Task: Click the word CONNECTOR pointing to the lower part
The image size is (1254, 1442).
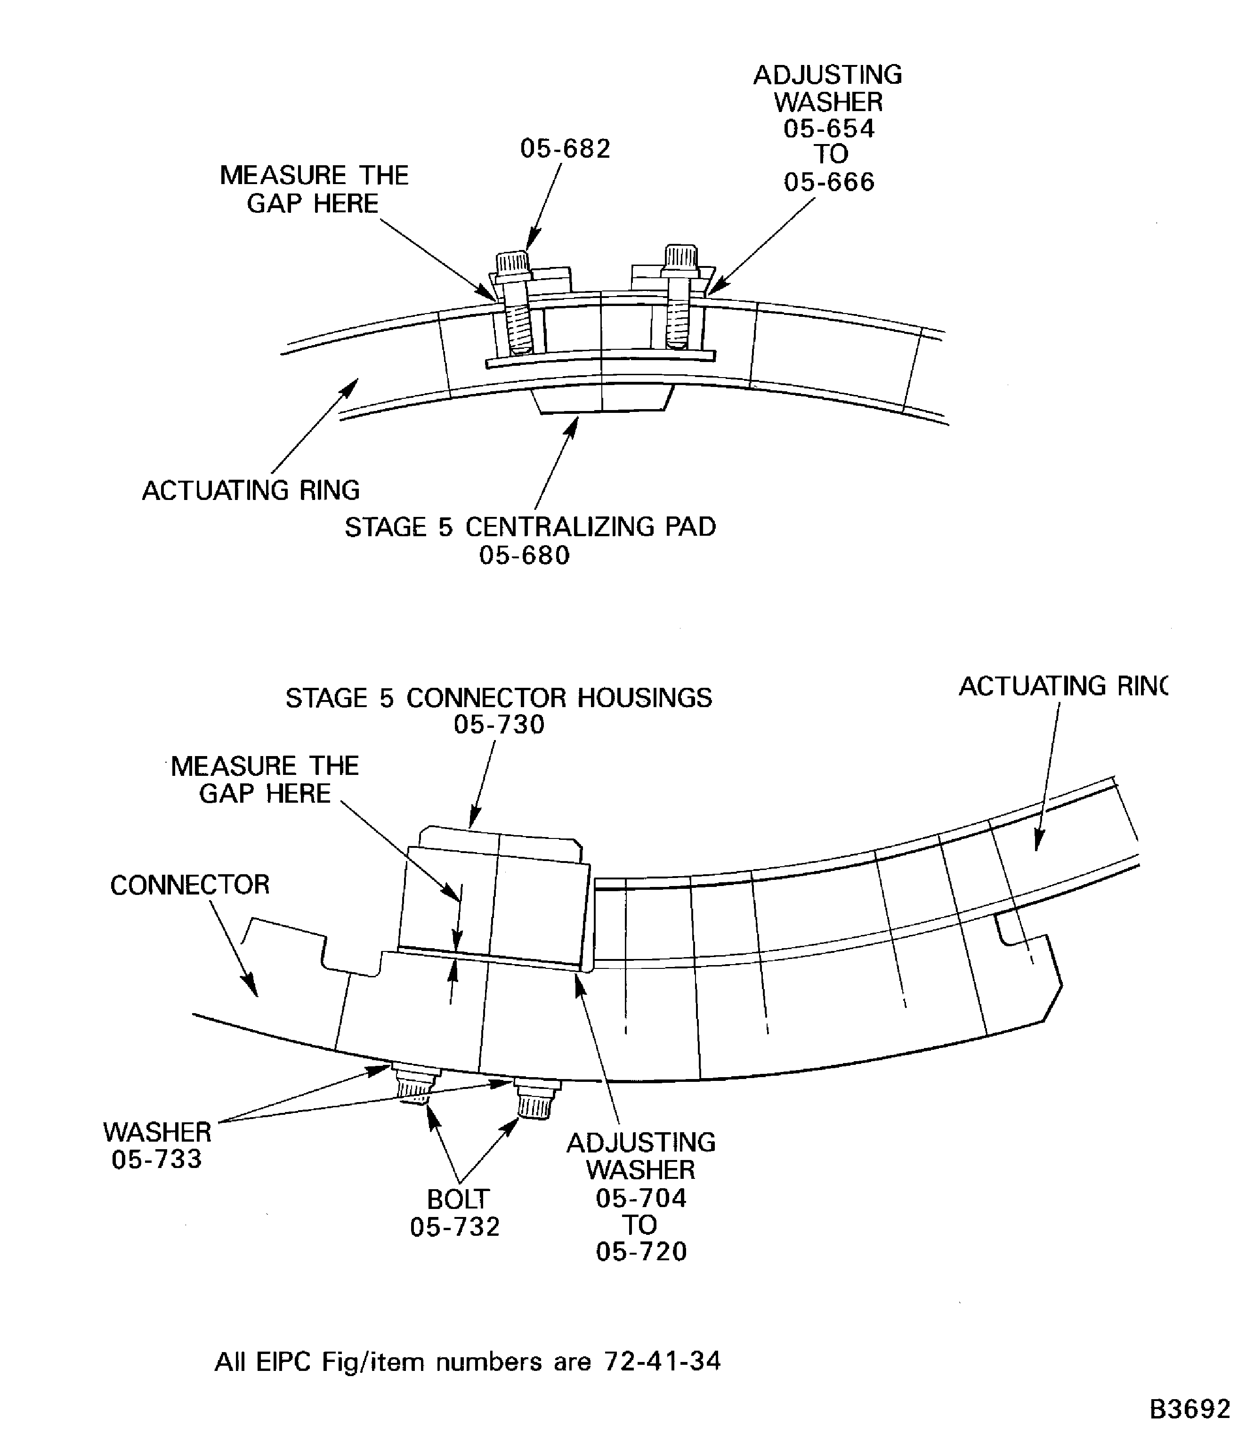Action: pos(190,885)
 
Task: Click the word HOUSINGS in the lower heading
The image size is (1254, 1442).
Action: pos(644,698)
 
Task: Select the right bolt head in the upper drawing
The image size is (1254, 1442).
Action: pos(680,257)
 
